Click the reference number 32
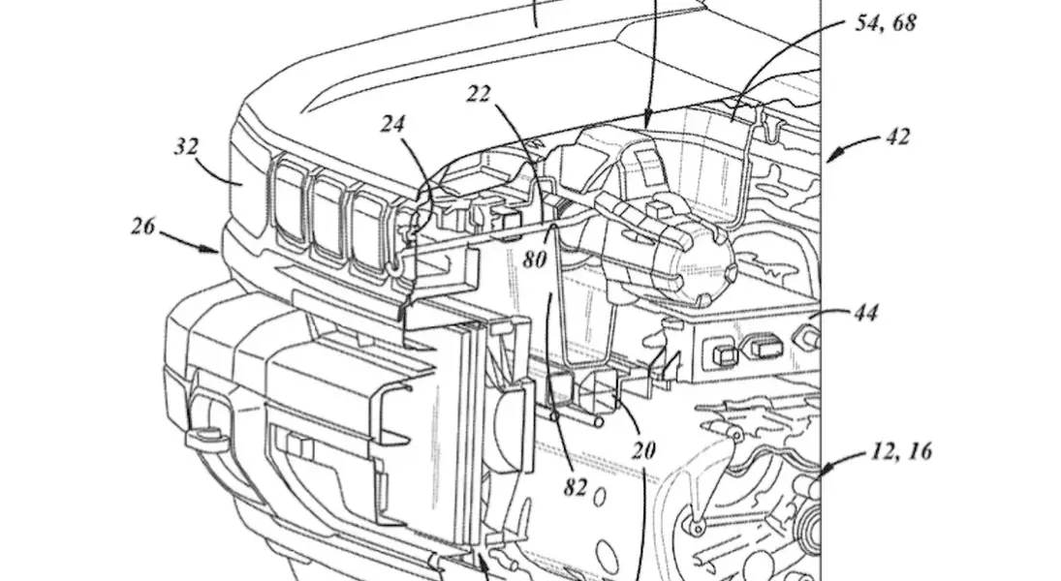[187, 147]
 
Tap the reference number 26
[142, 226]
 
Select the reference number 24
[392, 124]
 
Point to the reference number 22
[478, 94]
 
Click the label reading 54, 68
[885, 23]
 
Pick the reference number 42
[898, 138]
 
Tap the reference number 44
[865, 313]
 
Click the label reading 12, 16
[900, 451]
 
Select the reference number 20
[643, 449]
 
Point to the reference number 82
[576, 487]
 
